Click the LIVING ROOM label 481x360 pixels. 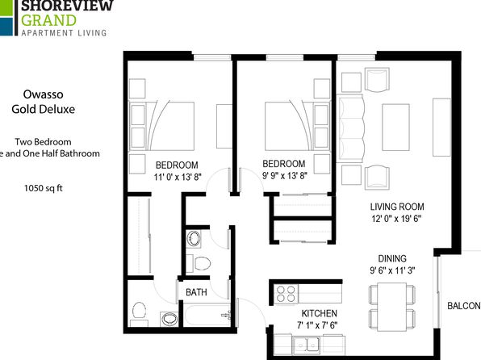pyautogui.click(x=397, y=207)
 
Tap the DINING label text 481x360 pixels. pyautogui.click(x=392, y=259)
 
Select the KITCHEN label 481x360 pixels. pyautogui.click(x=320, y=313)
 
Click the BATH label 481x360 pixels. pyautogui.click(x=196, y=292)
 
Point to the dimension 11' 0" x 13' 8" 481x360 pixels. pyautogui.click(x=178, y=177)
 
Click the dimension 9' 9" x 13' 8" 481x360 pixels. pyautogui.click(x=284, y=175)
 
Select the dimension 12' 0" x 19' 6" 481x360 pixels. pyautogui.click(x=396, y=219)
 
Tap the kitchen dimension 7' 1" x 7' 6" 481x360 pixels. pyautogui.click(x=317, y=325)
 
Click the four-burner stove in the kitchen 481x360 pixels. pyautogui.click(x=286, y=294)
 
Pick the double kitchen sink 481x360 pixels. pyautogui.click(x=306, y=345)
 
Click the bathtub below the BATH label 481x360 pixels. pyautogui.click(x=207, y=315)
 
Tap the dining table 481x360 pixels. pyautogui.click(x=392, y=307)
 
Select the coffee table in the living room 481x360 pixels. pyautogui.click(x=395, y=127)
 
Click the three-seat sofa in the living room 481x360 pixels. pyautogui.click(x=350, y=128)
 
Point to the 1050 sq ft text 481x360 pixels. pyautogui.click(x=44, y=188)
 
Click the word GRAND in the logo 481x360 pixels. pyautogui.click(x=48, y=20)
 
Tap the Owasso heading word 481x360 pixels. pyautogui.click(x=44, y=94)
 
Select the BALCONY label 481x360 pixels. pyautogui.click(x=464, y=306)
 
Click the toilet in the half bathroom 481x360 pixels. pyautogui.click(x=139, y=310)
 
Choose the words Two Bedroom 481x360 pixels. pyautogui.click(x=44, y=142)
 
